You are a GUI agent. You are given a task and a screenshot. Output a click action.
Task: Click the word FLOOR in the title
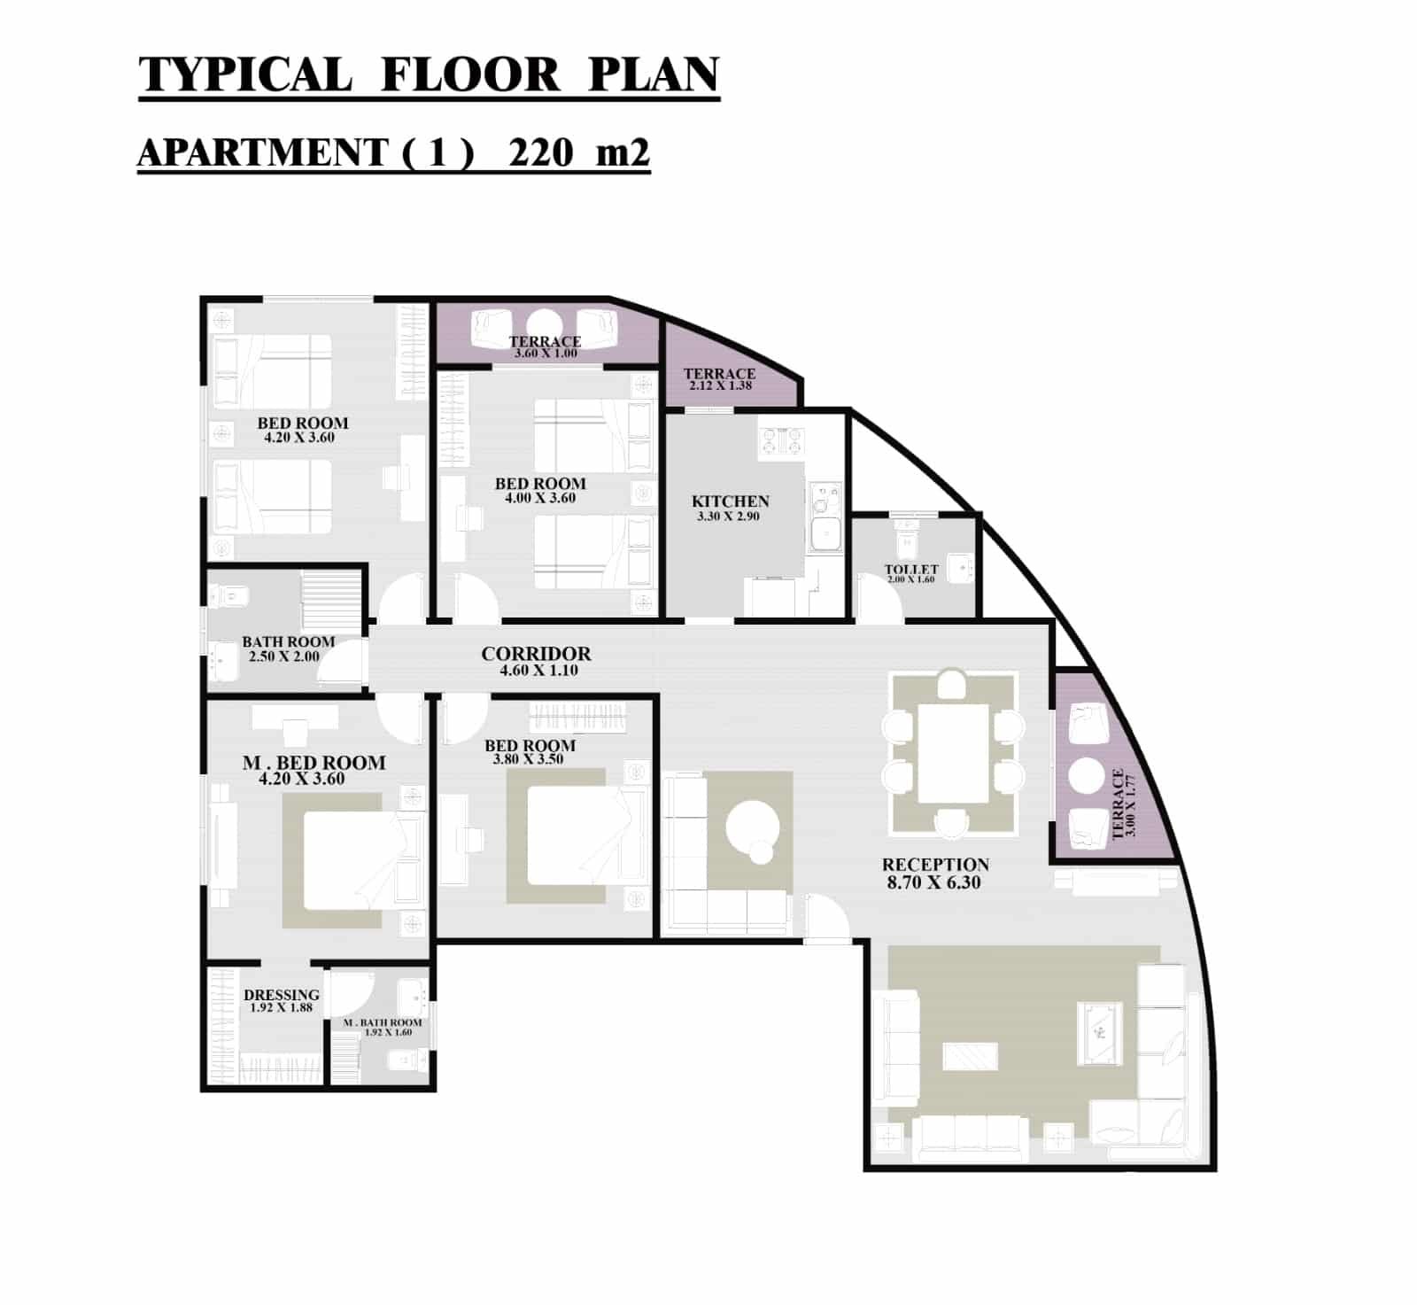(470, 74)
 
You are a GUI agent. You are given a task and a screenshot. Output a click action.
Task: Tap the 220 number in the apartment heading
(541, 152)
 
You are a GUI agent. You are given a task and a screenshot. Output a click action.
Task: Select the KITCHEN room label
(731, 501)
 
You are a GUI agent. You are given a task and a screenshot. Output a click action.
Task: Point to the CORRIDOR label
(536, 654)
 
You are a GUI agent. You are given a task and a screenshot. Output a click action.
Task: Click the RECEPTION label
(935, 865)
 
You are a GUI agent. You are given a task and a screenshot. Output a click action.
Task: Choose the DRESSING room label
(282, 995)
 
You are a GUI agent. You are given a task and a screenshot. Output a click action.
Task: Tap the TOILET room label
(911, 570)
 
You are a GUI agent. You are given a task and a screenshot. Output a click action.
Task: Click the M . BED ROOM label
(314, 763)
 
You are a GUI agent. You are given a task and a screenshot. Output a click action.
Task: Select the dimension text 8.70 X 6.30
(933, 882)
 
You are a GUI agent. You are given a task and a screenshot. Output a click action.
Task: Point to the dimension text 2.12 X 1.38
(720, 386)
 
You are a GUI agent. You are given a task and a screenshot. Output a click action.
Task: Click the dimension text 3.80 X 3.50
(529, 759)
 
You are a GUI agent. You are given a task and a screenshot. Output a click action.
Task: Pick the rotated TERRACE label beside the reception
(1118, 803)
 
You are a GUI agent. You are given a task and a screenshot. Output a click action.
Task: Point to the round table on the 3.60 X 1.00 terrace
(545, 324)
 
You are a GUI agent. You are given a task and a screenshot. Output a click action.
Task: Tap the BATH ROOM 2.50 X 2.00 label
(289, 649)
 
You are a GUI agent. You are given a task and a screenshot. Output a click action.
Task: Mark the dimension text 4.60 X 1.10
(538, 671)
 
